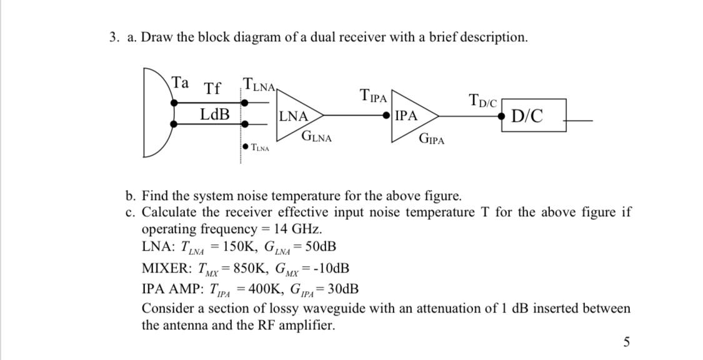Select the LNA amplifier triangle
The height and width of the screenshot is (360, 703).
pyautogui.click(x=297, y=116)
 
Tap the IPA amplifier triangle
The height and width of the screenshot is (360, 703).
pyautogui.click(x=410, y=116)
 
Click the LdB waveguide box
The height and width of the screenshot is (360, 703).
pyautogui.click(x=215, y=115)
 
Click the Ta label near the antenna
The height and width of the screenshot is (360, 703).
pyautogui.click(x=181, y=82)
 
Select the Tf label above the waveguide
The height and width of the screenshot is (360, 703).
pyautogui.click(x=212, y=89)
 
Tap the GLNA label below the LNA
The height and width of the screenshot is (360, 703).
pyautogui.click(x=316, y=136)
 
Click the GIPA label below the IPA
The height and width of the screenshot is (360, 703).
pyautogui.click(x=431, y=139)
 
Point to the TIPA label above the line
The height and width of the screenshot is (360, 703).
pyautogui.click(x=374, y=96)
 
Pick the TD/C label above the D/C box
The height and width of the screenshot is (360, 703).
pyautogui.click(x=482, y=99)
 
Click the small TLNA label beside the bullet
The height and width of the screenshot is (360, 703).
pyautogui.click(x=260, y=148)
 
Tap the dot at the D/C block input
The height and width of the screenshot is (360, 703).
pyautogui.click(x=502, y=116)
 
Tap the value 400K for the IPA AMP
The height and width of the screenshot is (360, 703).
pyautogui.click(x=261, y=289)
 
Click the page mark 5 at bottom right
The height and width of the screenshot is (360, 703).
pyautogui.click(x=627, y=341)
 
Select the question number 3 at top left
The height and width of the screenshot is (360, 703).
pyautogui.click(x=112, y=37)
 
